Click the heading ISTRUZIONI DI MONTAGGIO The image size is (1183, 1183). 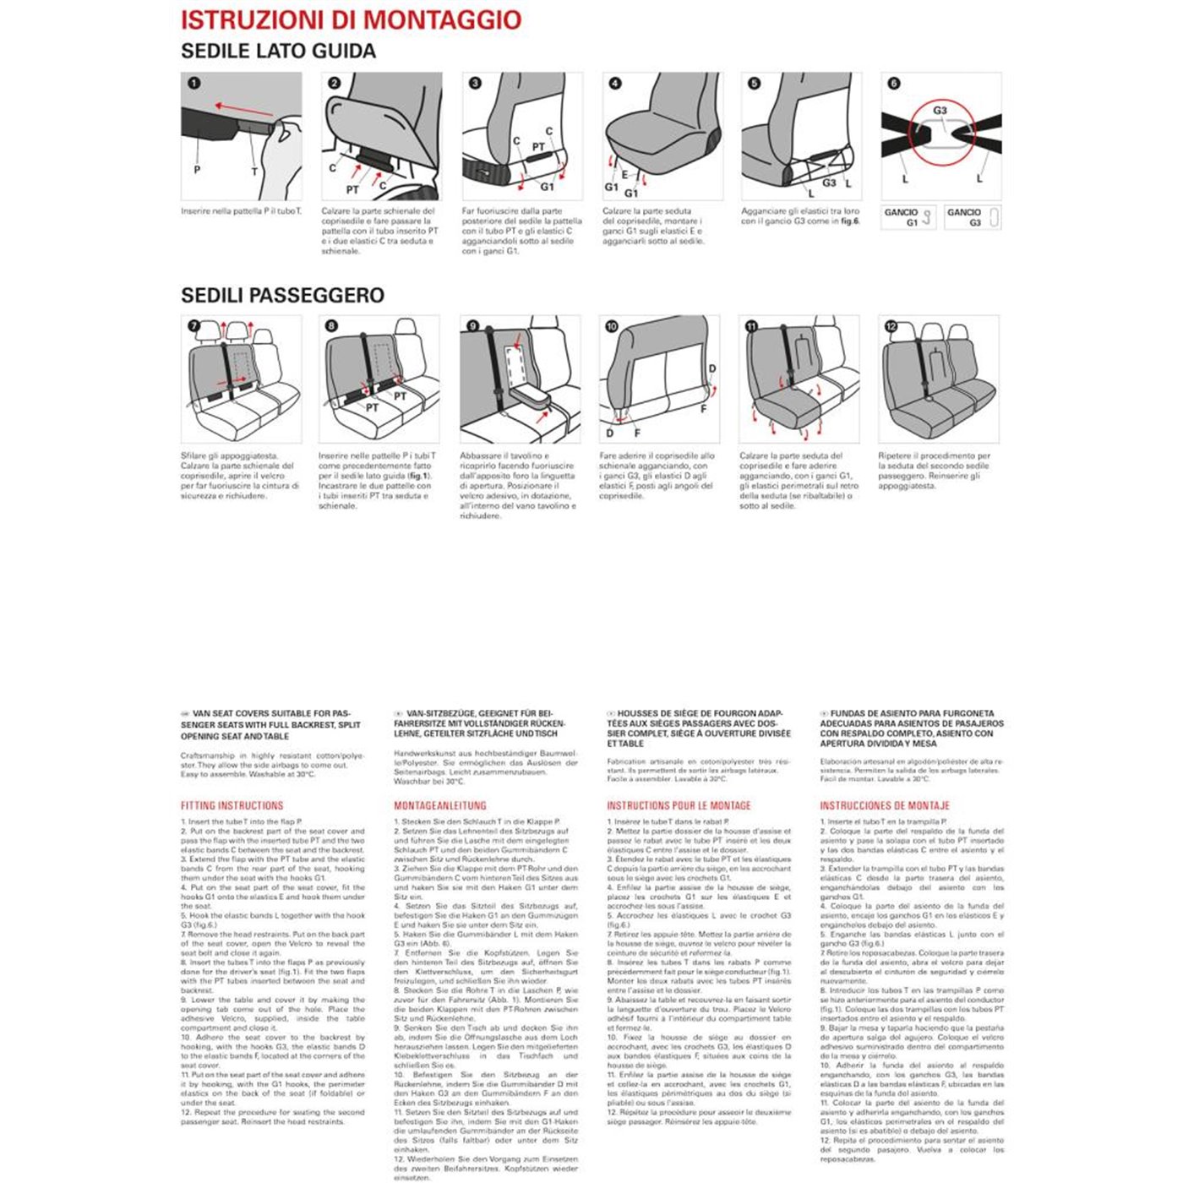coord(351,20)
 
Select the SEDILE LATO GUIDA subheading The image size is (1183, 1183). coord(278,52)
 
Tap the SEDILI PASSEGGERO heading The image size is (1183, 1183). coord(282,296)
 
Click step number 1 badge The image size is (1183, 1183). coord(194,83)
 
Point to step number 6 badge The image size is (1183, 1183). coord(894,83)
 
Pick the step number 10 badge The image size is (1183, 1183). coord(612,326)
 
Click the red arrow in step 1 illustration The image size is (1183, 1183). coord(243,108)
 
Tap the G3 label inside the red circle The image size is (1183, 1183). coord(940,111)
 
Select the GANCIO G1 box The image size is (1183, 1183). coord(908,218)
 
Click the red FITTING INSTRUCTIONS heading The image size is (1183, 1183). coord(232,806)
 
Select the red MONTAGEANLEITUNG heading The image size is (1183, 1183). coord(439,806)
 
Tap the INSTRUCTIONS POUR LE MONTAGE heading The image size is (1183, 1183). coord(679,806)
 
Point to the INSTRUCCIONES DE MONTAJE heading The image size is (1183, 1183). coord(884,806)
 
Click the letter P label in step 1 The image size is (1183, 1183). coord(197,170)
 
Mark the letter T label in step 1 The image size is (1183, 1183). coord(254,172)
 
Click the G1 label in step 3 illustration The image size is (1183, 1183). coord(547,187)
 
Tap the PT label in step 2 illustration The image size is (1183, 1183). coord(352,190)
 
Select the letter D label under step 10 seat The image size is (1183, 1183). coord(610,433)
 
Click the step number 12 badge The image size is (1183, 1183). coord(891,326)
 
